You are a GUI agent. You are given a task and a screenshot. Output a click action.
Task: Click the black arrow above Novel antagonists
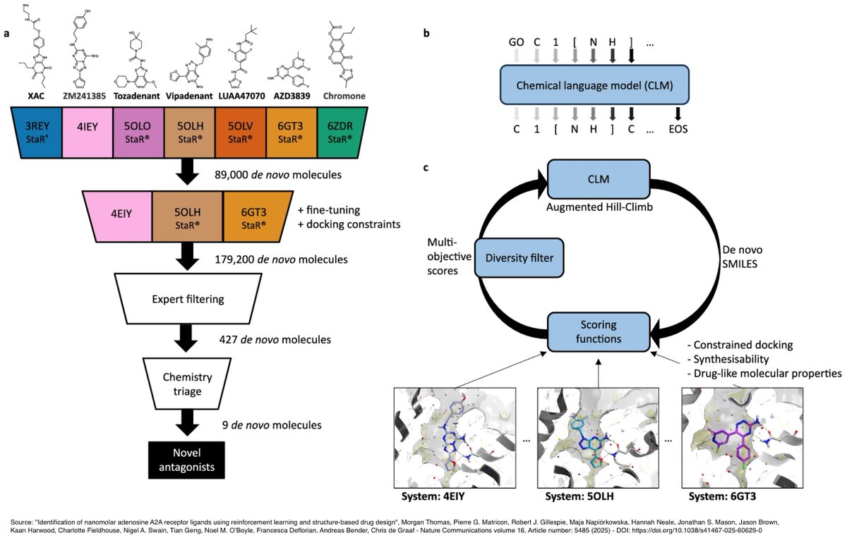188,423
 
